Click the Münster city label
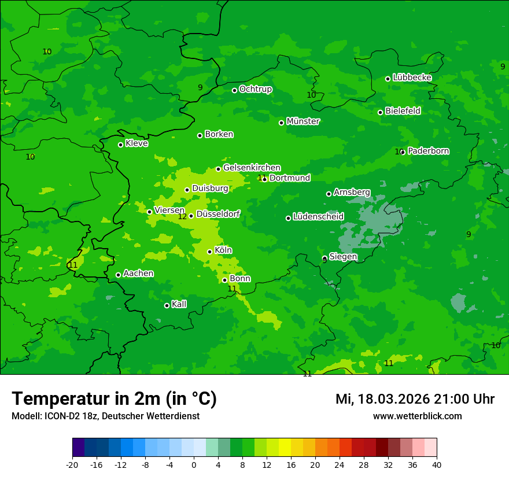[303, 121]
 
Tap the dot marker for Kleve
[120, 145]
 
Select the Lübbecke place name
[412, 77]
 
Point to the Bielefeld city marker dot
[380, 112]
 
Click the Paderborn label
[428, 151]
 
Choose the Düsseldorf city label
[218, 214]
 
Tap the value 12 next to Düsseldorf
[182, 216]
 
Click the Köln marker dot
[209, 252]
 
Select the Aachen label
[138, 273]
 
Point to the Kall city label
[179, 304]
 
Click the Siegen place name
[343, 257]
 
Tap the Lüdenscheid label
[318, 217]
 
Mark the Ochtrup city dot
[234, 90]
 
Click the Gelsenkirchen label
[252, 168]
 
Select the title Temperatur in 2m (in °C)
[114, 398]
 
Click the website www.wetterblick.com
[417, 416]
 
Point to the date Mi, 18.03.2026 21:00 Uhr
[415, 399]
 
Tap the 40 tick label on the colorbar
[437, 464]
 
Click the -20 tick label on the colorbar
[72, 464]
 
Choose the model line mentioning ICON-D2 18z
[105, 416]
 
